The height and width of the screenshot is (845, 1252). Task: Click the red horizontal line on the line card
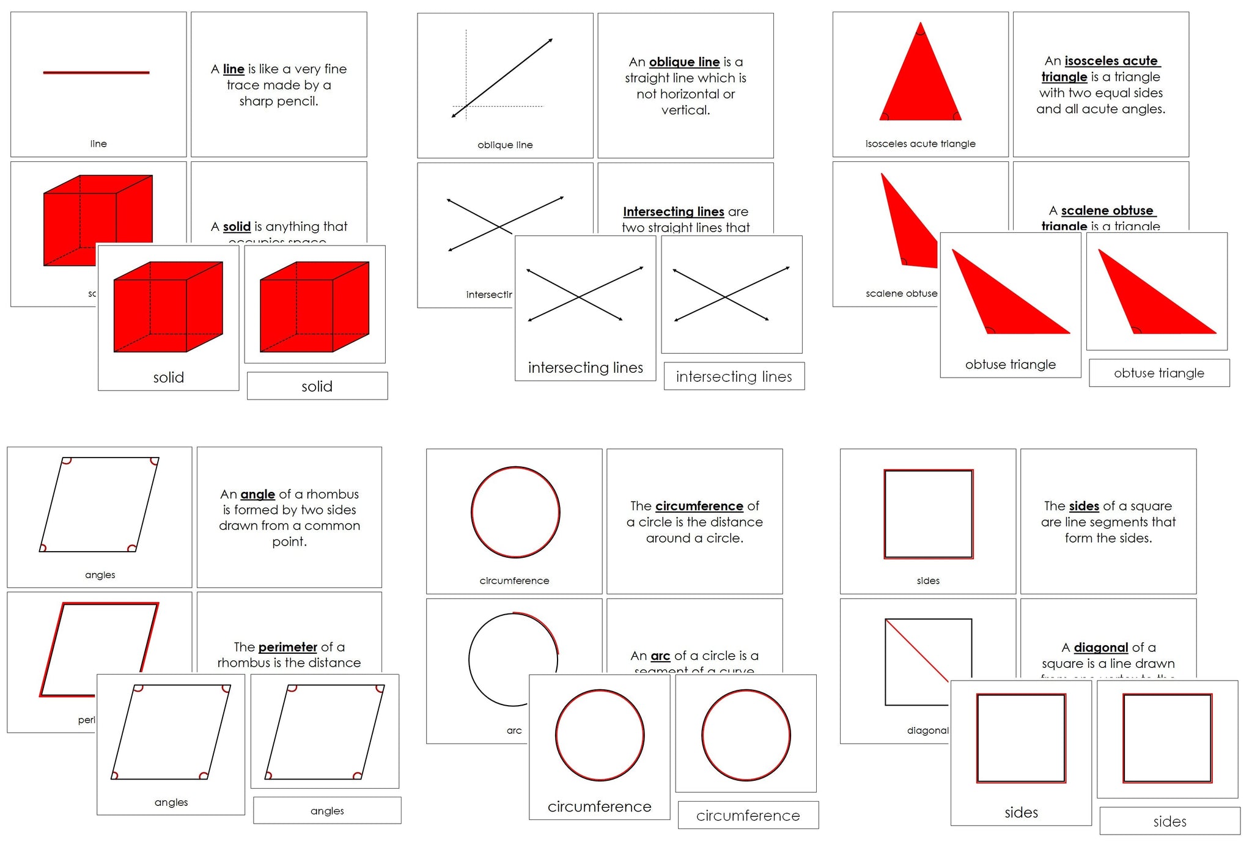96,73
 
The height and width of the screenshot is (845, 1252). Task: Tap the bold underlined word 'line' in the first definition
234,69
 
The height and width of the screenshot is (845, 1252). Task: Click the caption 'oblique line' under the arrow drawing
505,145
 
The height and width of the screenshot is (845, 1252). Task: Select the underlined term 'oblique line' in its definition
684,62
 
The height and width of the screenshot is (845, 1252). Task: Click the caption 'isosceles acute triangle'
920,144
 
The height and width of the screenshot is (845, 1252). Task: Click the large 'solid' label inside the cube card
168,377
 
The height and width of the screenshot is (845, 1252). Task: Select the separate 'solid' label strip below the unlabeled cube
317,386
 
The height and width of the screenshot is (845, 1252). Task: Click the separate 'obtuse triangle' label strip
1159,373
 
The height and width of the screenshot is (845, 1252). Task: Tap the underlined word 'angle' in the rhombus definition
257,494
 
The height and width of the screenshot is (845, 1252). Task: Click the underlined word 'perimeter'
287,646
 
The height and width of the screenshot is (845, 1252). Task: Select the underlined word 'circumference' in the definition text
699,506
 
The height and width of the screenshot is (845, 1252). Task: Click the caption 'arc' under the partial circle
514,730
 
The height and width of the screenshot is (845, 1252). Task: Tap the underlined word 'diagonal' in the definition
1100,647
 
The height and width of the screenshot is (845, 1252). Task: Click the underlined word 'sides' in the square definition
1084,506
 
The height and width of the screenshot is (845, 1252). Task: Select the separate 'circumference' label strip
748,815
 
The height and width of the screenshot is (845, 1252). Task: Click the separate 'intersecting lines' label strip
734,376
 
